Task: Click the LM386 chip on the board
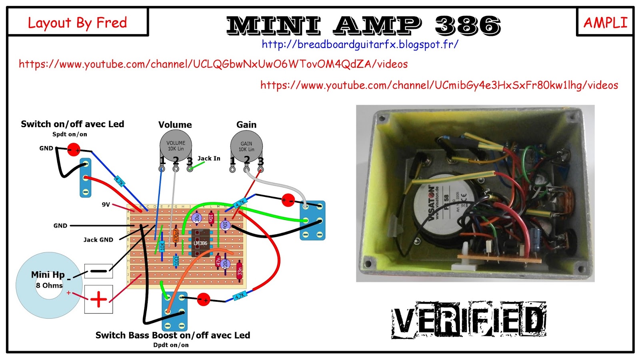(x=200, y=243)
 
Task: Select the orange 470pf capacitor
(x=176, y=235)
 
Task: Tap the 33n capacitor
(x=239, y=271)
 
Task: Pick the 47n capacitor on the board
(x=218, y=261)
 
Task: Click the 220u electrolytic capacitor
(x=226, y=264)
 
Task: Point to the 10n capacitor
(x=211, y=218)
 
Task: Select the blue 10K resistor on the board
(x=162, y=246)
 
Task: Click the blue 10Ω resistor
(x=176, y=261)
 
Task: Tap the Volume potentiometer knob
(x=176, y=146)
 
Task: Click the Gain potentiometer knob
(x=246, y=146)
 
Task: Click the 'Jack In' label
(x=209, y=158)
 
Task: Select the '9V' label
(x=106, y=204)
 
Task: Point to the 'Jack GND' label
(x=98, y=240)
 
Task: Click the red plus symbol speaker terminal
(x=98, y=299)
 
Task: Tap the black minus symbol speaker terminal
(x=98, y=271)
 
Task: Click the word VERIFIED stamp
(x=469, y=320)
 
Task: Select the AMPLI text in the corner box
(x=605, y=23)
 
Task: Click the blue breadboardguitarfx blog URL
(x=360, y=44)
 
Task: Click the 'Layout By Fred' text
(x=77, y=23)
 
